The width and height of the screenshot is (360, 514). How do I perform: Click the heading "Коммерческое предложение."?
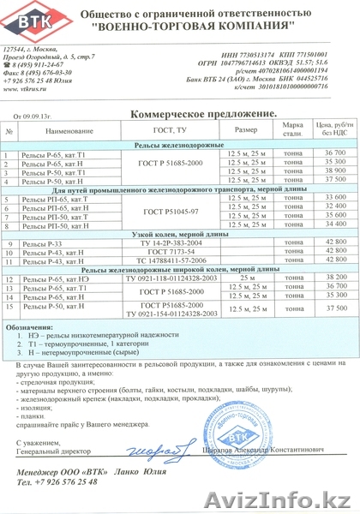coord(203,114)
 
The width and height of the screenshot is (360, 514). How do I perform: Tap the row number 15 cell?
coord(10,305)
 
